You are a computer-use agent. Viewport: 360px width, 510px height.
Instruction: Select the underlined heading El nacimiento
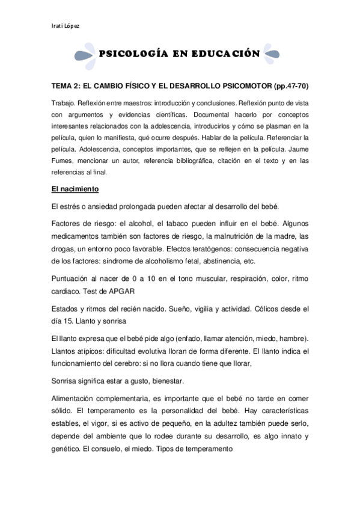pyautogui.click(x=75, y=189)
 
